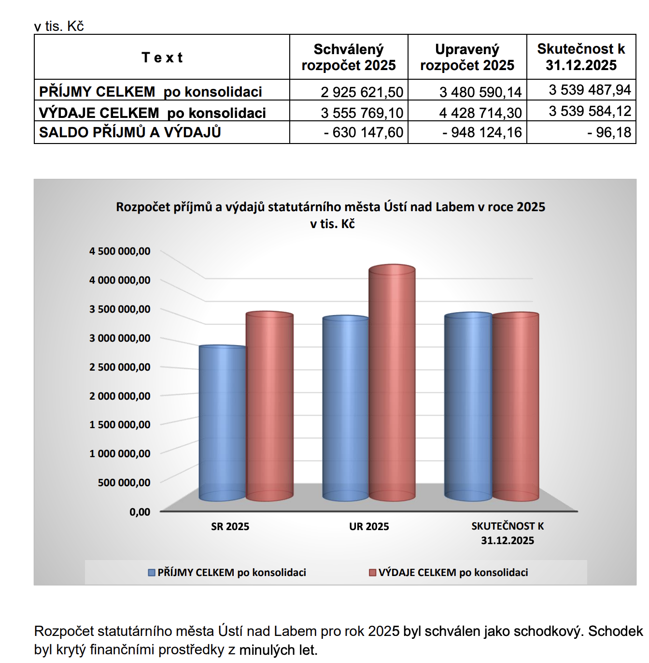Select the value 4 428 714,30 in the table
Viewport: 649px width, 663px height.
click(x=480, y=113)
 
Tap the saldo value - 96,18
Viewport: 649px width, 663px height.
click(x=609, y=132)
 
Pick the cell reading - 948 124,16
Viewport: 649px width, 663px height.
click(x=482, y=132)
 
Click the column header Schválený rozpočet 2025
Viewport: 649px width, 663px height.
click(x=349, y=57)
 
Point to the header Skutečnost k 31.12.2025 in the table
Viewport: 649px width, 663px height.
click(x=581, y=57)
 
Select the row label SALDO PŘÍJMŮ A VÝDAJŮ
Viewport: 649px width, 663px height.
click(x=130, y=132)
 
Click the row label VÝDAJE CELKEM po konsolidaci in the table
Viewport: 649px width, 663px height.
click(x=153, y=113)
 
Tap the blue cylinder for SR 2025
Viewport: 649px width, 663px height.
click(x=222, y=423)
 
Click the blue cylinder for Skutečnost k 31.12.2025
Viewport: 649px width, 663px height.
click(x=468, y=406)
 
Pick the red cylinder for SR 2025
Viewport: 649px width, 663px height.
click(x=269, y=406)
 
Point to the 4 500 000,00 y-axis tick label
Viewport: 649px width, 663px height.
click(x=120, y=251)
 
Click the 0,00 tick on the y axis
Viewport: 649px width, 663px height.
click(x=140, y=512)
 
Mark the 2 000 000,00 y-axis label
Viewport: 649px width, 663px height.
click(x=120, y=396)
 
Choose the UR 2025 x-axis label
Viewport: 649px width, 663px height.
click(x=369, y=526)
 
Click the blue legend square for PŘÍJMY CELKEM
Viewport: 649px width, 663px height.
click(x=151, y=573)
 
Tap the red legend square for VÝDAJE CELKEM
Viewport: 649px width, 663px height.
click(x=372, y=573)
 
